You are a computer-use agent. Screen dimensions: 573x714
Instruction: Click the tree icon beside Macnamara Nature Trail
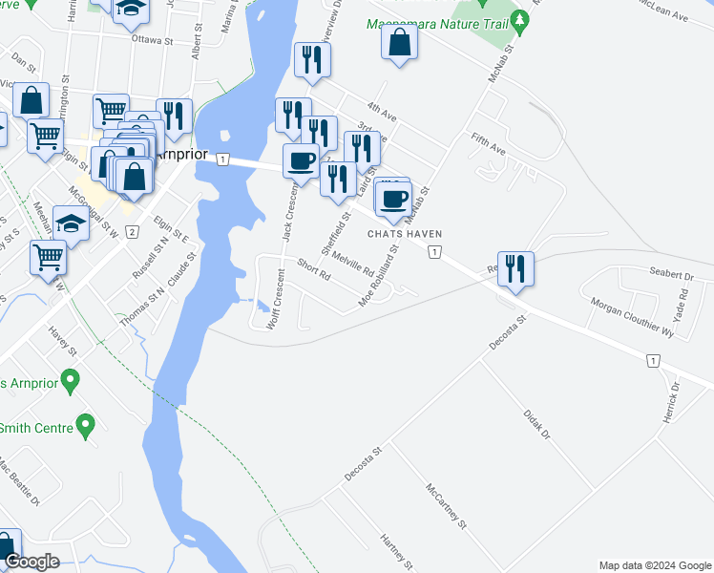[x=519, y=20]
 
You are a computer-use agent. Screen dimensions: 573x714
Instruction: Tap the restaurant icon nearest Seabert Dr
[x=515, y=267]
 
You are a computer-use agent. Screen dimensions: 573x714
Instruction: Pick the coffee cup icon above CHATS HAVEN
[x=393, y=199]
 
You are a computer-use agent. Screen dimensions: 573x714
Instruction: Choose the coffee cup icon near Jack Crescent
[x=301, y=159]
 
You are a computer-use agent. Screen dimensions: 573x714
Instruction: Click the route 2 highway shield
[x=132, y=232]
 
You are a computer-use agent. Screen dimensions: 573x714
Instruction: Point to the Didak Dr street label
[x=537, y=424]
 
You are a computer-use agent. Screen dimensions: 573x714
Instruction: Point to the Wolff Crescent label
[x=276, y=299]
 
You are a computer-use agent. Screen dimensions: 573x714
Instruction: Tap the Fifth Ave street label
[x=488, y=144]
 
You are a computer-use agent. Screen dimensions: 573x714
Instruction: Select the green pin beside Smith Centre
[x=86, y=424]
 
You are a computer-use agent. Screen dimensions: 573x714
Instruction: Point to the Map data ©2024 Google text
[x=654, y=565]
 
